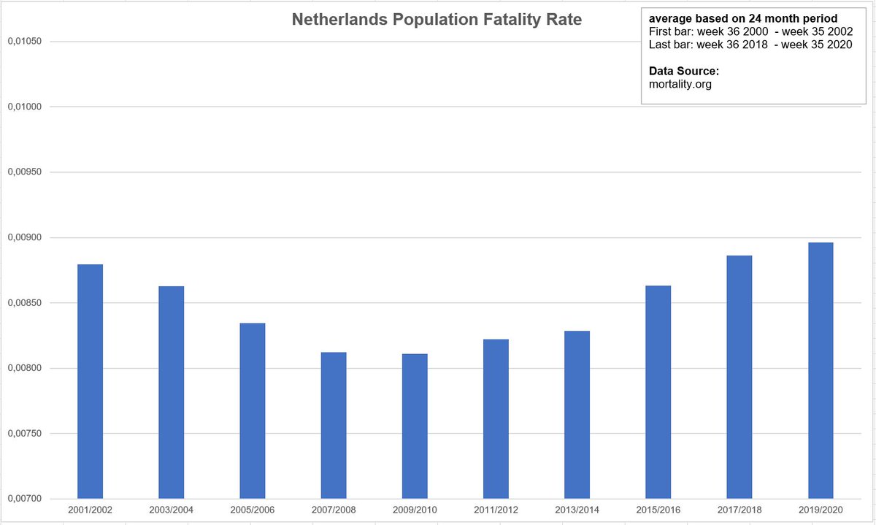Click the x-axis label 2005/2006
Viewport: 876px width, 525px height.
pyautogui.click(x=253, y=509)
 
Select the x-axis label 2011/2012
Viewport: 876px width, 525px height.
pyautogui.click(x=496, y=509)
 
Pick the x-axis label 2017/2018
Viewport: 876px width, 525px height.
pyautogui.click(x=739, y=509)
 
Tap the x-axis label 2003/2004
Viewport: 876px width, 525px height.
pyautogui.click(x=172, y=509)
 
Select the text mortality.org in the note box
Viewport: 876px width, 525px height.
pyautogui.click(x=680, y=84)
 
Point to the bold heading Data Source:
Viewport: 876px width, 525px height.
pyautogui.click(x=684, y=71)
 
